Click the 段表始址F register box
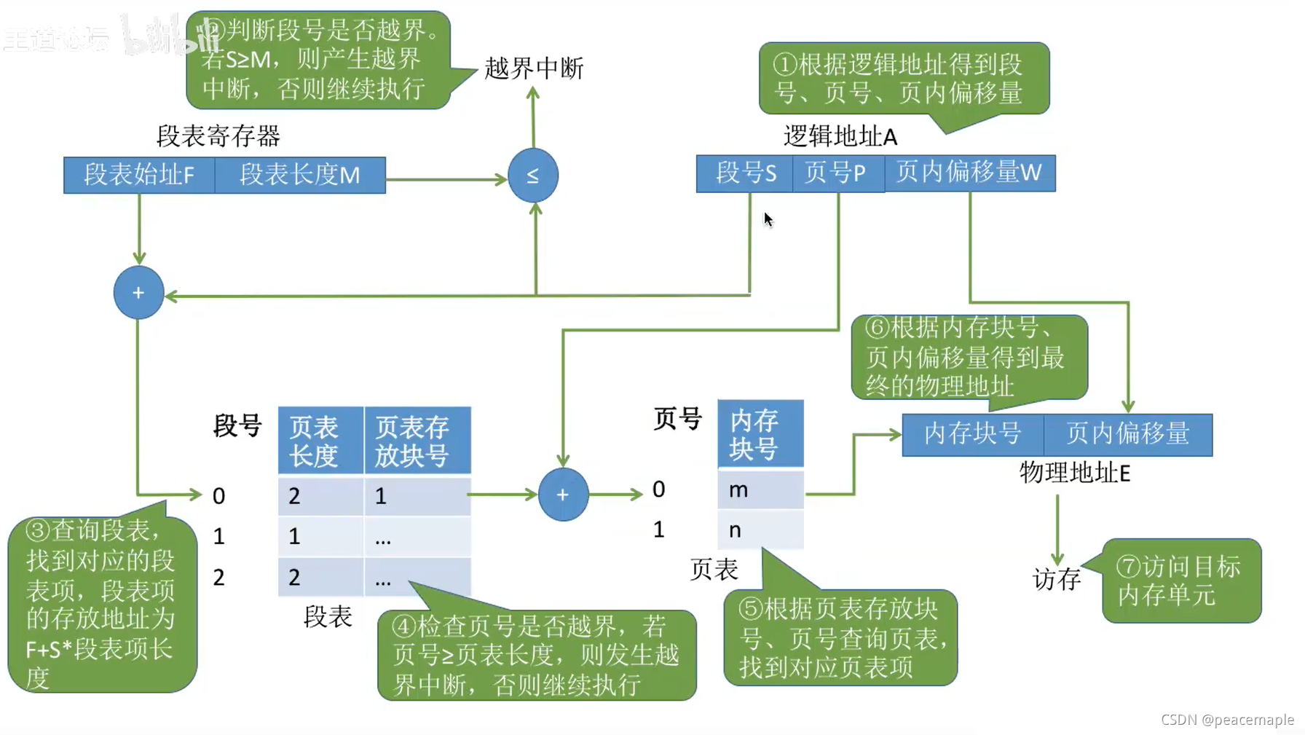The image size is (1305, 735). (139, 176)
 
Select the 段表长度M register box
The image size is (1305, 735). (300, 176)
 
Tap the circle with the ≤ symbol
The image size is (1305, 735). (533, 176)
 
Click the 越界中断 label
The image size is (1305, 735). (534, 68)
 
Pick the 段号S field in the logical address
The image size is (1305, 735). (745, 173)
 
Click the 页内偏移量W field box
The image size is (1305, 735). (969, 173)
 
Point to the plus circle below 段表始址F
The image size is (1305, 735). (138, 293)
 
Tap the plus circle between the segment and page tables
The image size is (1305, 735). (563, 495)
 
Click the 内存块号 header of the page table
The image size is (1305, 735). (760, 434)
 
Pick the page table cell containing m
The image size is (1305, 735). (760, 490)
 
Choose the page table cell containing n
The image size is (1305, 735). (760, 530)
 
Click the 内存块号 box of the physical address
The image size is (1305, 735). (973, 434)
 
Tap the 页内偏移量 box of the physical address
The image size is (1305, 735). (1128, 434)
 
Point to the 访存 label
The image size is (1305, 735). (1057, 580)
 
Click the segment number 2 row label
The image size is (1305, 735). (218, 578)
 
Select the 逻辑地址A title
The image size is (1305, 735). (840, 136)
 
